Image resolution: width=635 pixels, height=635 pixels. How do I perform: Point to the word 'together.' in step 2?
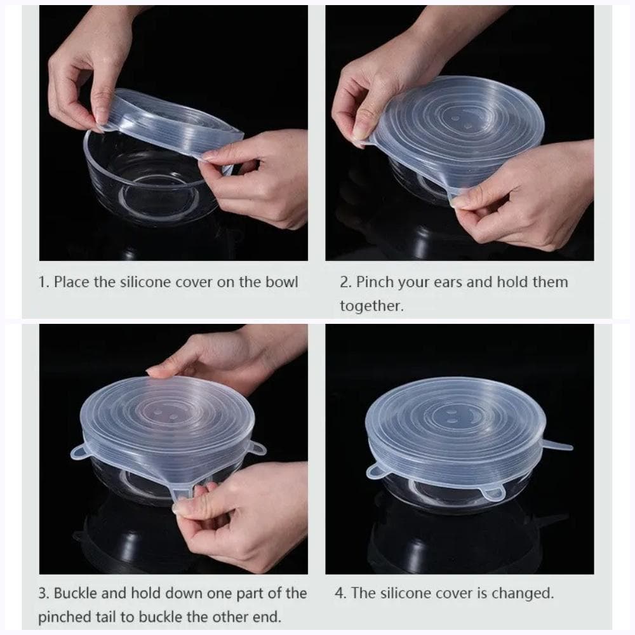point(371,306)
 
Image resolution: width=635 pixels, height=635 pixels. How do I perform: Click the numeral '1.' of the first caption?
point(44,282)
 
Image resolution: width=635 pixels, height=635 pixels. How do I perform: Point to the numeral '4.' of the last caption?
point(340,593)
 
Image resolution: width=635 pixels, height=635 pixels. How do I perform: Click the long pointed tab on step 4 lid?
point(556,446)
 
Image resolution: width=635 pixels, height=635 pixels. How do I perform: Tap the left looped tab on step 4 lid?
point(375,471)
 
